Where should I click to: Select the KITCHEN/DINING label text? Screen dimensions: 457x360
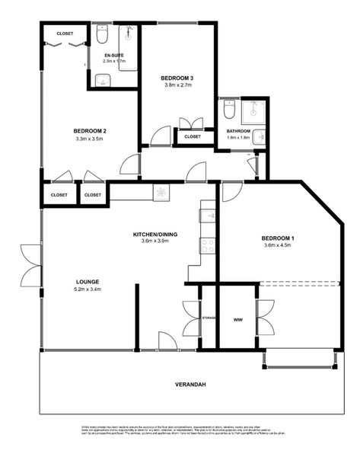click(155, 233)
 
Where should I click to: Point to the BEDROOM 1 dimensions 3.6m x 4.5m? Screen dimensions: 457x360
click(279, 245)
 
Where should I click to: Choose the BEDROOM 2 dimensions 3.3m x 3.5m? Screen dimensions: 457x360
click(90, 139)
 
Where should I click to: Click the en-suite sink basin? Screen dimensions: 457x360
click(101, 78)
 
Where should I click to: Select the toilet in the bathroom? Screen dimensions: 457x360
click(228, 111)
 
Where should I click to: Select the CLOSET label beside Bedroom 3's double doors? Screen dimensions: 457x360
click(193, 137)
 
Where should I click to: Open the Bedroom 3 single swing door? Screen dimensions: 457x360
click(160, 137)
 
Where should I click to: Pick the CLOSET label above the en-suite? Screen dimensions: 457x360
click(65, 34)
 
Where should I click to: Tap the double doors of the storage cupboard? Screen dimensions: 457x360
click(190, 317)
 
